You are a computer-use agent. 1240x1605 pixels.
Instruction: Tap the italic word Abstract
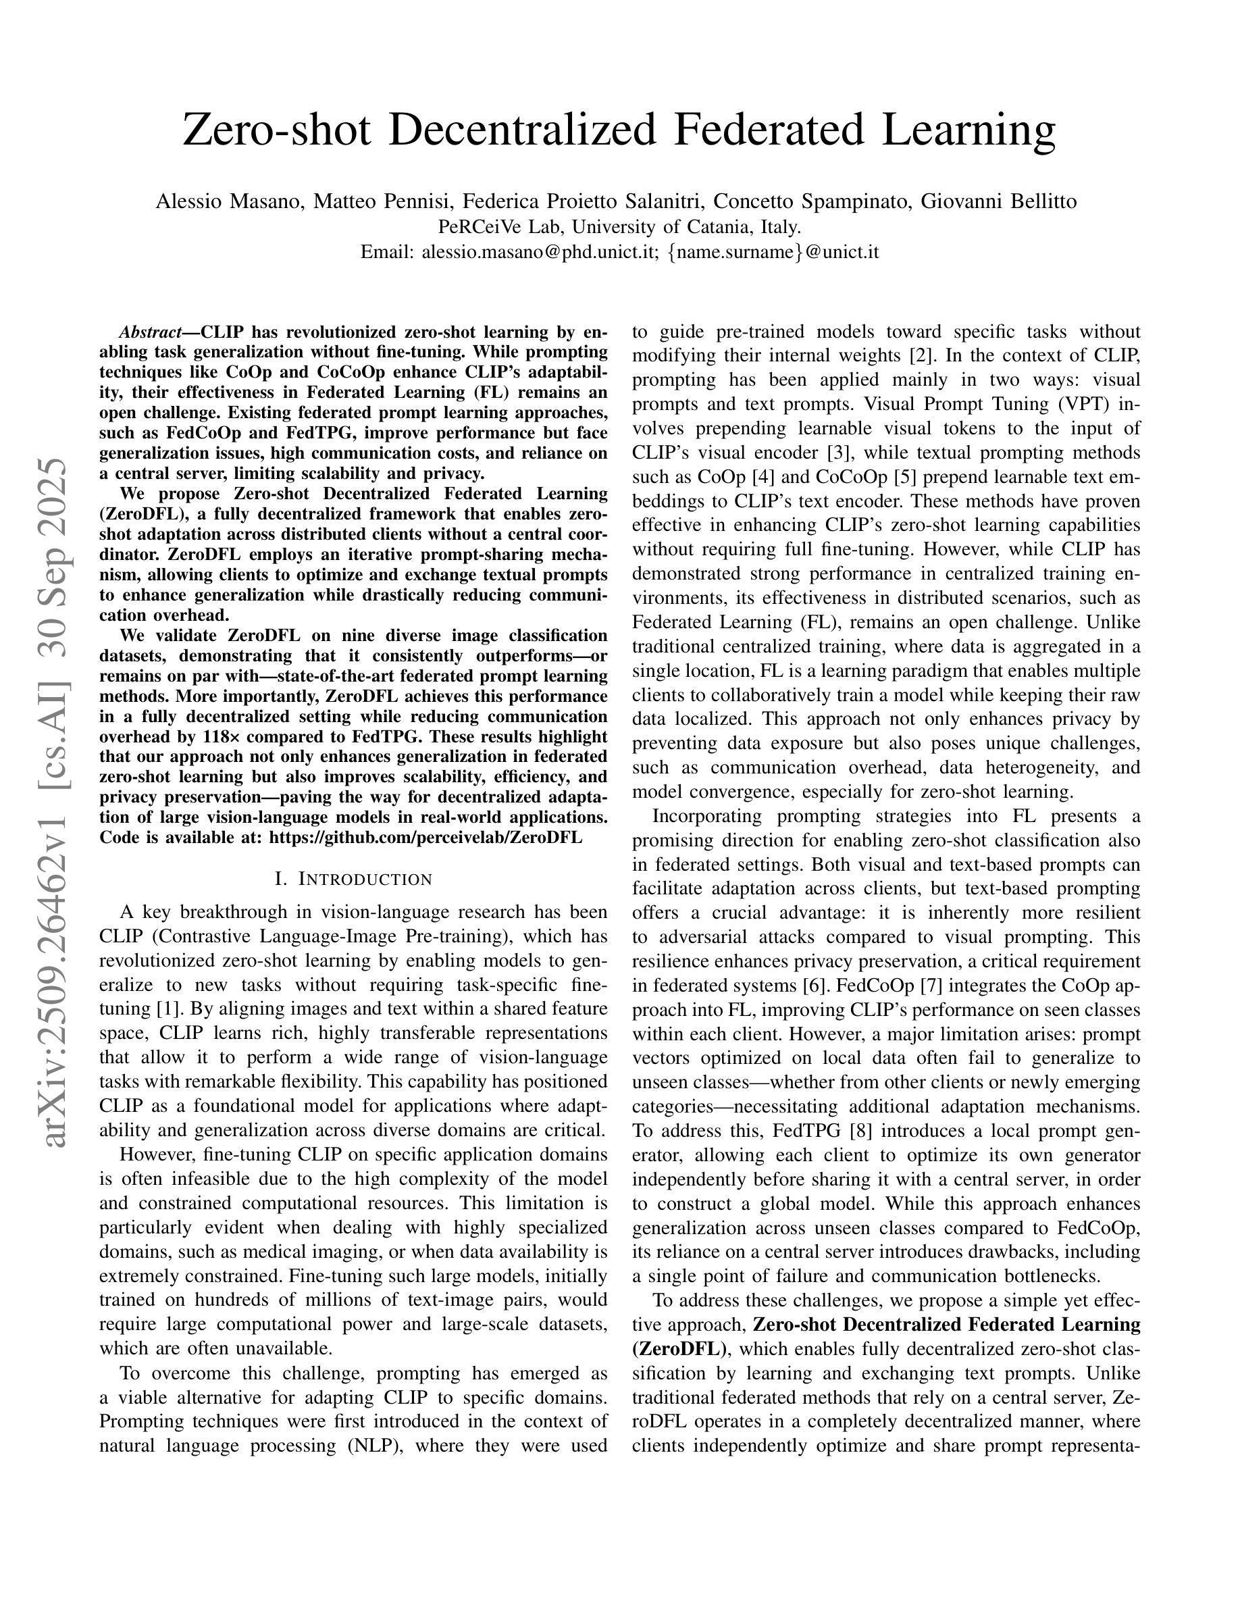click(x=150, y=332)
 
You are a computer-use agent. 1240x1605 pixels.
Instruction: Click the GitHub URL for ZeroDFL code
click(x=425, y=837)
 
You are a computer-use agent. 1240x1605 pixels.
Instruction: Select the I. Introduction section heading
click(x=353, y=879)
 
